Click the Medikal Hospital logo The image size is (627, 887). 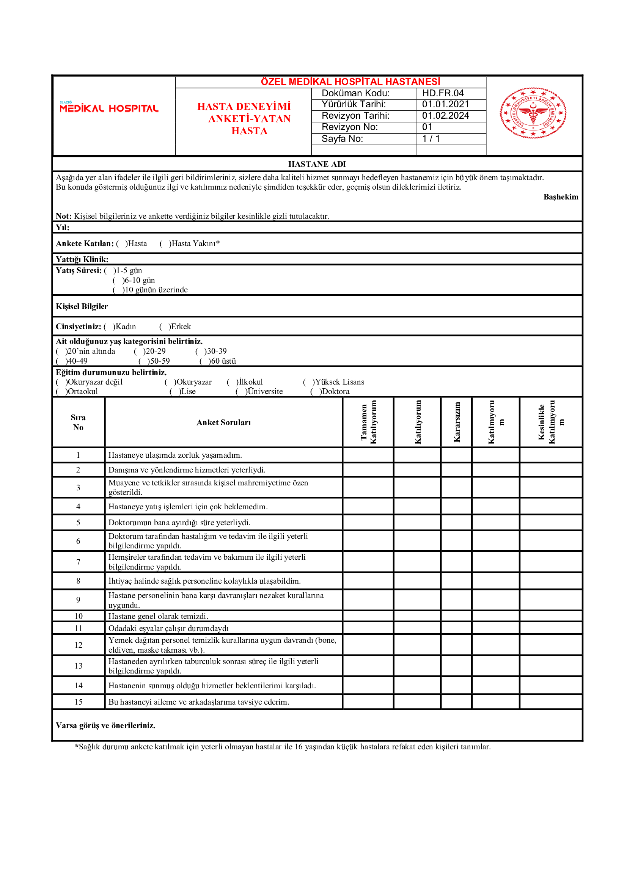(108, 107)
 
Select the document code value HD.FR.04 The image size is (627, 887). (443, 94)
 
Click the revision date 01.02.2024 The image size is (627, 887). (445, 116)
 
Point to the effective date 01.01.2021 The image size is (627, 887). (445, 104)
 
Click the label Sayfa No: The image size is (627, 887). (342, 139)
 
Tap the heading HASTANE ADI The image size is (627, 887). (317, 164)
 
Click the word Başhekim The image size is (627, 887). (561, 197)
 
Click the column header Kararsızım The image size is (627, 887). (457, 422)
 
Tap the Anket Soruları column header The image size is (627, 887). (224, 422)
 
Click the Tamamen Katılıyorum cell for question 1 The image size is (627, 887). (368, 455)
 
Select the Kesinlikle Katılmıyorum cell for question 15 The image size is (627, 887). (550, 702)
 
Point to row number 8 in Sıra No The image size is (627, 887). (79, 581)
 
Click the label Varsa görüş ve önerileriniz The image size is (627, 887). (105, 725)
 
